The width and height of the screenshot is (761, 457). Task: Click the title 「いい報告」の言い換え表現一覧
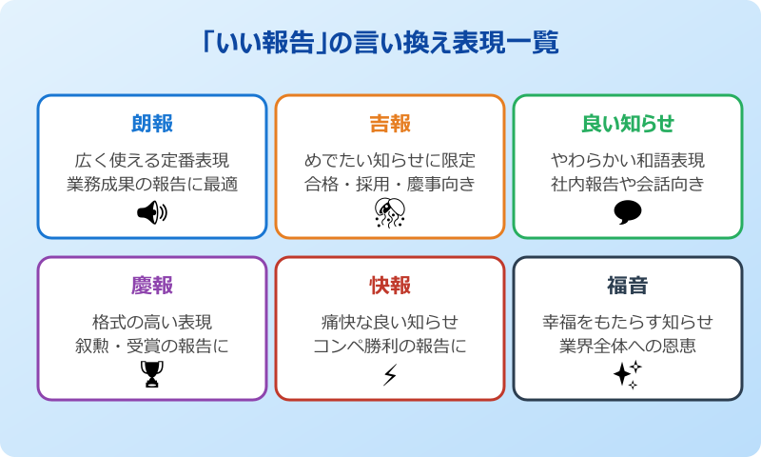[x=380, y=43]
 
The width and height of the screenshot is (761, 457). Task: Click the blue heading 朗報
[x=152, y=124]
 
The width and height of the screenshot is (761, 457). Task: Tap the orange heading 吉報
[x=390, y=124]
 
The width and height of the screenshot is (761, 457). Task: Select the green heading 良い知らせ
[x=628, y=124]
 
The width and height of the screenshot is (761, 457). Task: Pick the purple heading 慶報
[x=152, y=286]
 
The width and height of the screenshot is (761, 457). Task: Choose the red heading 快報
[x=390, y=286]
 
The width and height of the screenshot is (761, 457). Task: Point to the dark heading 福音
[x=628, y=286]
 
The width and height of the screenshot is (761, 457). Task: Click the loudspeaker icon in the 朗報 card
[x=152, y=212]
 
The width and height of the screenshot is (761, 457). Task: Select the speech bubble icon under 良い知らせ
[x=628, y=212]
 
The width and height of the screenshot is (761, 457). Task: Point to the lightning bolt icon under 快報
[x=390, y=375]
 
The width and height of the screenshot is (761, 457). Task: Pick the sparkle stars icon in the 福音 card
[x=628, y=375]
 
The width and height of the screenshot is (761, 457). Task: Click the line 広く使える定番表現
[x=152, y=160]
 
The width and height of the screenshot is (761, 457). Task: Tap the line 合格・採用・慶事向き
[x=390, y=184]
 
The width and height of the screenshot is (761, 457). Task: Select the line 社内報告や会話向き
[x=628, y=184]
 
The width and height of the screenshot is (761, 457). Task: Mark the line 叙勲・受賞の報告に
[x=152, y=346]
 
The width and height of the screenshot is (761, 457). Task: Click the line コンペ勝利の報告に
[x=390, y=346]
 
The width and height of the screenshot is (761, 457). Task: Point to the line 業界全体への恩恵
[x=628, y=346]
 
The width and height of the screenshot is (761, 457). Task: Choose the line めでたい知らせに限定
[x=390, y=160]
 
